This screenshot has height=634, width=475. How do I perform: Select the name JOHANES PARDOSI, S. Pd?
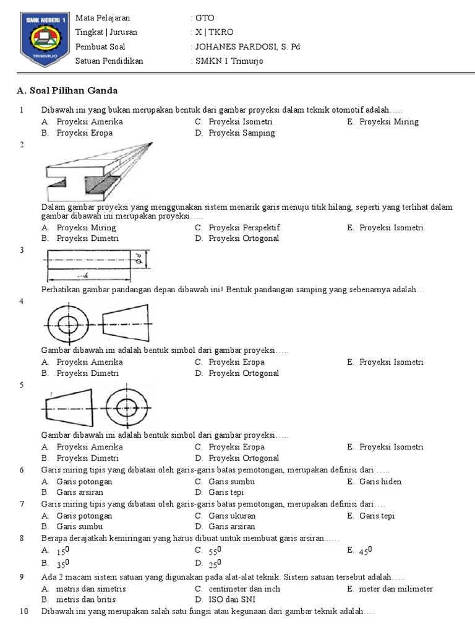(x=247, y=46)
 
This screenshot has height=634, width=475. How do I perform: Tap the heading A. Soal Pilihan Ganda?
(x=67, y=91)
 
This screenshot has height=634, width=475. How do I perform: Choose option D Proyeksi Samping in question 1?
(x=241, y=132)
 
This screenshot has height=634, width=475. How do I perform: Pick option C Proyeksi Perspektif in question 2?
(x=244, y=227)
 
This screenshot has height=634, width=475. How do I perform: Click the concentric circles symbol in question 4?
(x=68, y=323)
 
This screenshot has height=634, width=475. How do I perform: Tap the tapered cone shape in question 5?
(x=69, y=407)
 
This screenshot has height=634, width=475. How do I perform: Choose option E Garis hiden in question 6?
(x=380, y=482)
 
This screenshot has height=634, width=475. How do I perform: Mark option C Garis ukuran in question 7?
(x=232, y=516)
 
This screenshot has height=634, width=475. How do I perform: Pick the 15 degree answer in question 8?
(x=62, y=550)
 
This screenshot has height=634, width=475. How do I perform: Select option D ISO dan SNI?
(x=232, y=599)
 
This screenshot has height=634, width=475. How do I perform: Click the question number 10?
(x=24, y=611)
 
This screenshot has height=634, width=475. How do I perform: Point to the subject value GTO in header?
(x=205, y=18)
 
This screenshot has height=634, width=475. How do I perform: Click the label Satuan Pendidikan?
(x=109, y=61)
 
